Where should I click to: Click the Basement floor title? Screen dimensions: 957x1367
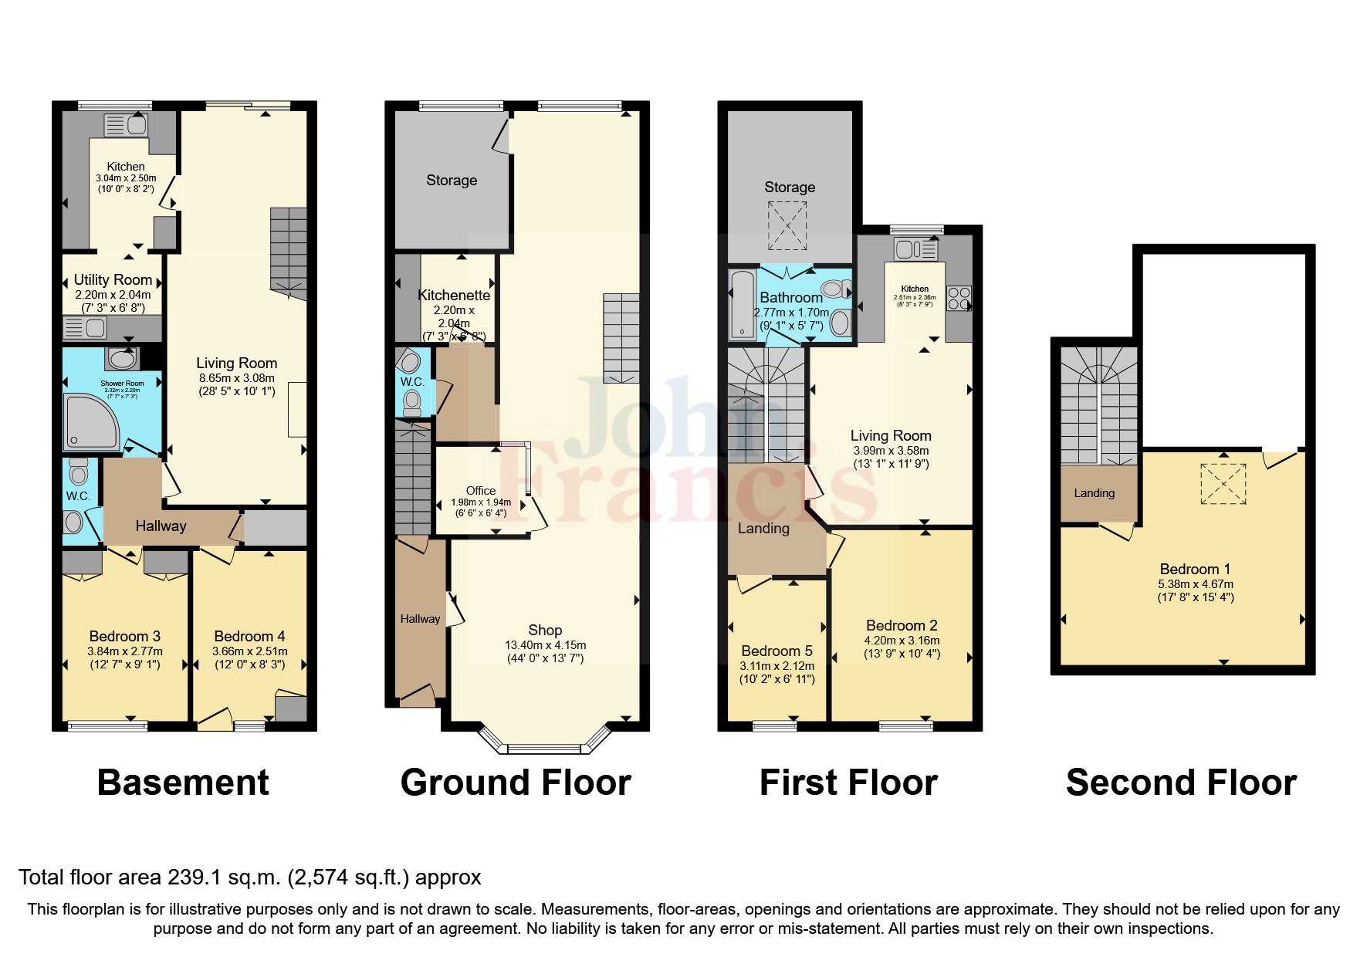tap(183, 783)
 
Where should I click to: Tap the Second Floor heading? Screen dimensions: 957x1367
tap(1180, 783)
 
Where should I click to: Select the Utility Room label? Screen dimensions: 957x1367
tap(113, 280)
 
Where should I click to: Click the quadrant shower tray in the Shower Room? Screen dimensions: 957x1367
tap(90, 421)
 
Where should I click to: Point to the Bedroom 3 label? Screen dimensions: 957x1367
tap(124, 637)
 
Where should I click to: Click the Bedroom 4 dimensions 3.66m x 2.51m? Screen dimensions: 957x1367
tap(249, 651)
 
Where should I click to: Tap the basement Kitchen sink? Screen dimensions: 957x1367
tap(125, 125)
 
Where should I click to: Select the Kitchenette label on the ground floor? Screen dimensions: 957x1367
tap(454, 296)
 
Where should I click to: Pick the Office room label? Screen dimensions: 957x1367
tap(480, 491)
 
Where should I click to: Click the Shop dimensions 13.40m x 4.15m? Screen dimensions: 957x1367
tap(545, 645)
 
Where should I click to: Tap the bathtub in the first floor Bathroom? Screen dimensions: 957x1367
tap(743, 305)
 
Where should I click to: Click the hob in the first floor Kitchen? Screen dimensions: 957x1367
tap(959, 298)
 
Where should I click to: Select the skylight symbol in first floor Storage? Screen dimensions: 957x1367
tap(787, 225)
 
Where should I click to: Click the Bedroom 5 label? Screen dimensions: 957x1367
tap(777, 651)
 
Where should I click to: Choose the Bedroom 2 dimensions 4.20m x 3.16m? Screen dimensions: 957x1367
tap(901, 640)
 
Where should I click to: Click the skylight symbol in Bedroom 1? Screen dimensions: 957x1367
tap(1223, 483)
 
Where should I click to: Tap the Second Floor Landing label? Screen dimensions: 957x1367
tap(1094, 493)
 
